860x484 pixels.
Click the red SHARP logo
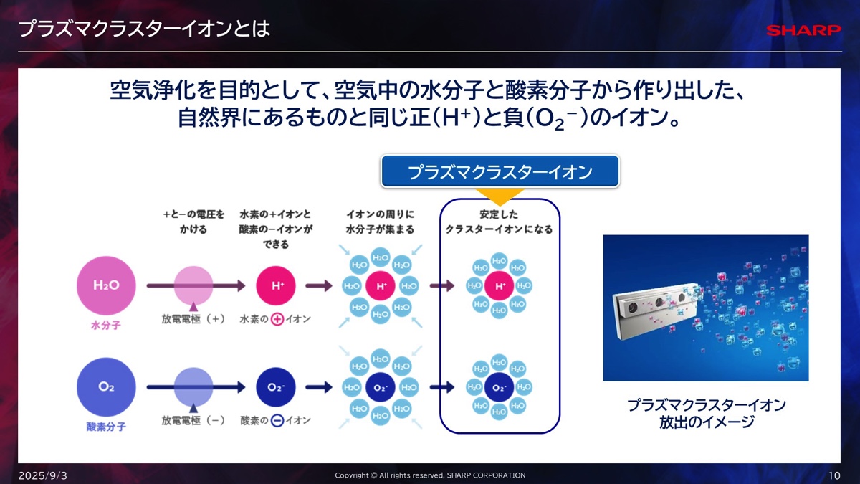point(803,30)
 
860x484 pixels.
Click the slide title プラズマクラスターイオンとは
point(144,29)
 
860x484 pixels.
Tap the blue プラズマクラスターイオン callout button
point(500,172)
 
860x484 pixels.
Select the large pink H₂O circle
point(106,285)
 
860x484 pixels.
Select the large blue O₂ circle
point(106,387)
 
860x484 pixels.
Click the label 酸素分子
point(106,427)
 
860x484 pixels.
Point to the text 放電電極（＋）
point(193,319)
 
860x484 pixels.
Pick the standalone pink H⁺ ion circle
point(277,285)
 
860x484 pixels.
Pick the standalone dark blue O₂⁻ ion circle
point(277,387)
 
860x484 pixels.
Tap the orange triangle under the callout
point(500,194)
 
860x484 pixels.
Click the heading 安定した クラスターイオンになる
point(499,222)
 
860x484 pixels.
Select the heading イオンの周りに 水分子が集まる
point(380,222)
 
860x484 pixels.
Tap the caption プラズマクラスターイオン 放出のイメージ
point(706,414)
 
